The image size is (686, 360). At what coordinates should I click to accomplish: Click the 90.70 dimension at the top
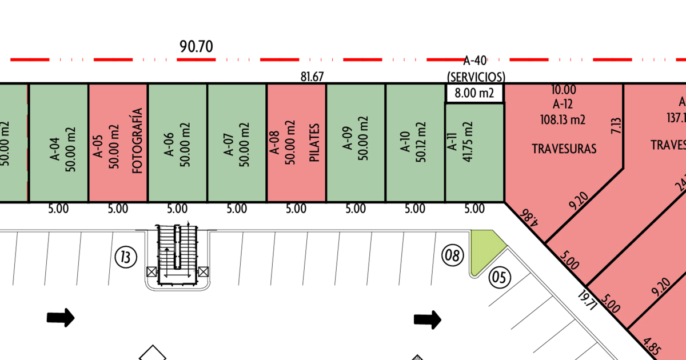tap(196, 47)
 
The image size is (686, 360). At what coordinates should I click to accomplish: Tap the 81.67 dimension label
tap(312, 77)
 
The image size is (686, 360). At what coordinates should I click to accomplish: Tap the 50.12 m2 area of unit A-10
tap(422, 142)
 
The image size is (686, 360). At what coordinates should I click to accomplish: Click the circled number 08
tap(452, 255)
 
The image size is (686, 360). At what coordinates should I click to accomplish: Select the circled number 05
tap(499, 279)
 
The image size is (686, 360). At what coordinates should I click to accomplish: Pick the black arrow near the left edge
tap(61, 317)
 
